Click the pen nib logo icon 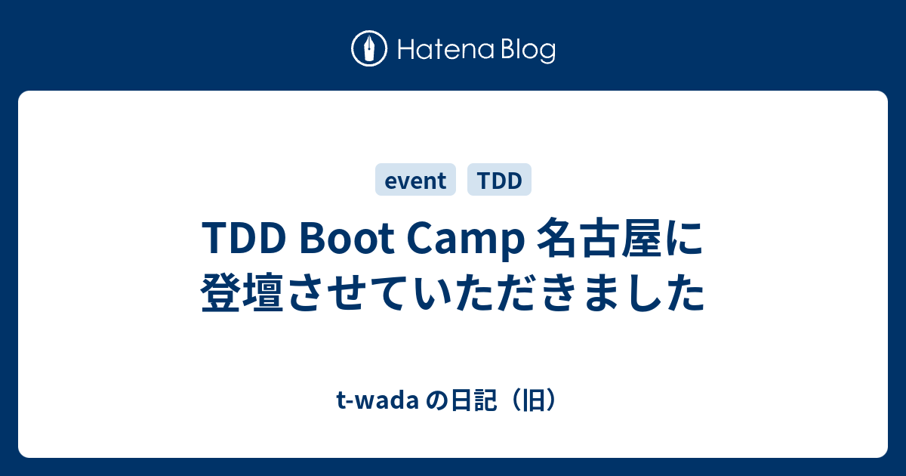tap(369, 48)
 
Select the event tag tap(415, 180)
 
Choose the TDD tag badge tap(499, 180)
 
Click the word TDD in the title tap(244, 238)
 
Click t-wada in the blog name tap(377, 400)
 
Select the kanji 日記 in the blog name tap(474, 400)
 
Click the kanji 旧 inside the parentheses tap(534, 400)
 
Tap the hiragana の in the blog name tap(437, 401)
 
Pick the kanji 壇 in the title tap(263, 292)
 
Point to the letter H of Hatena tap(407, 49)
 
